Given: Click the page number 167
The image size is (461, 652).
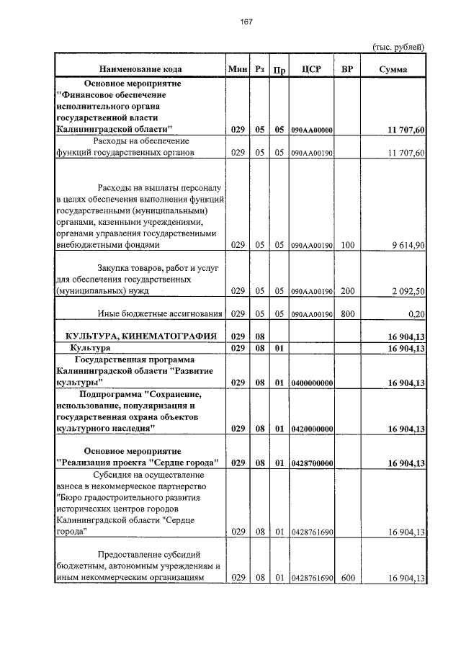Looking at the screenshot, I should pos(246,22).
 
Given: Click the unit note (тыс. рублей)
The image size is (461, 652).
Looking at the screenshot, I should pos(398,47).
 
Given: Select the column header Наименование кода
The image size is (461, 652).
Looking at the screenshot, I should pos(140,69).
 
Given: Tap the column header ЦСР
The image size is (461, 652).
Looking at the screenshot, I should pos(312,69).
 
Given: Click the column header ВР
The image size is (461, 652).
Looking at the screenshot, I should pos(348,69).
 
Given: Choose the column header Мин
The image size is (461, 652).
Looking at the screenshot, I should pos(237,69).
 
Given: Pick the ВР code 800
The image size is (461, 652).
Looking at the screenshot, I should pos(348,314).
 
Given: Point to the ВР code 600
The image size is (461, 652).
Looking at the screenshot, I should pos(348,579).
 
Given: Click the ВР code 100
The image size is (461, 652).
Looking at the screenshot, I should pos(348,246).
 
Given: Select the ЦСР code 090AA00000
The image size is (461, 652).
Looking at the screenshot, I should pos(312,130).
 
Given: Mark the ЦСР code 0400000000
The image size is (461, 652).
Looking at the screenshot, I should pos(312,383).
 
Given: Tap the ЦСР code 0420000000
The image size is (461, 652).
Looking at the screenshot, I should pos(312,429).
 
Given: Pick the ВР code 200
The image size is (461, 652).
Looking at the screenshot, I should pos(348,291).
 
